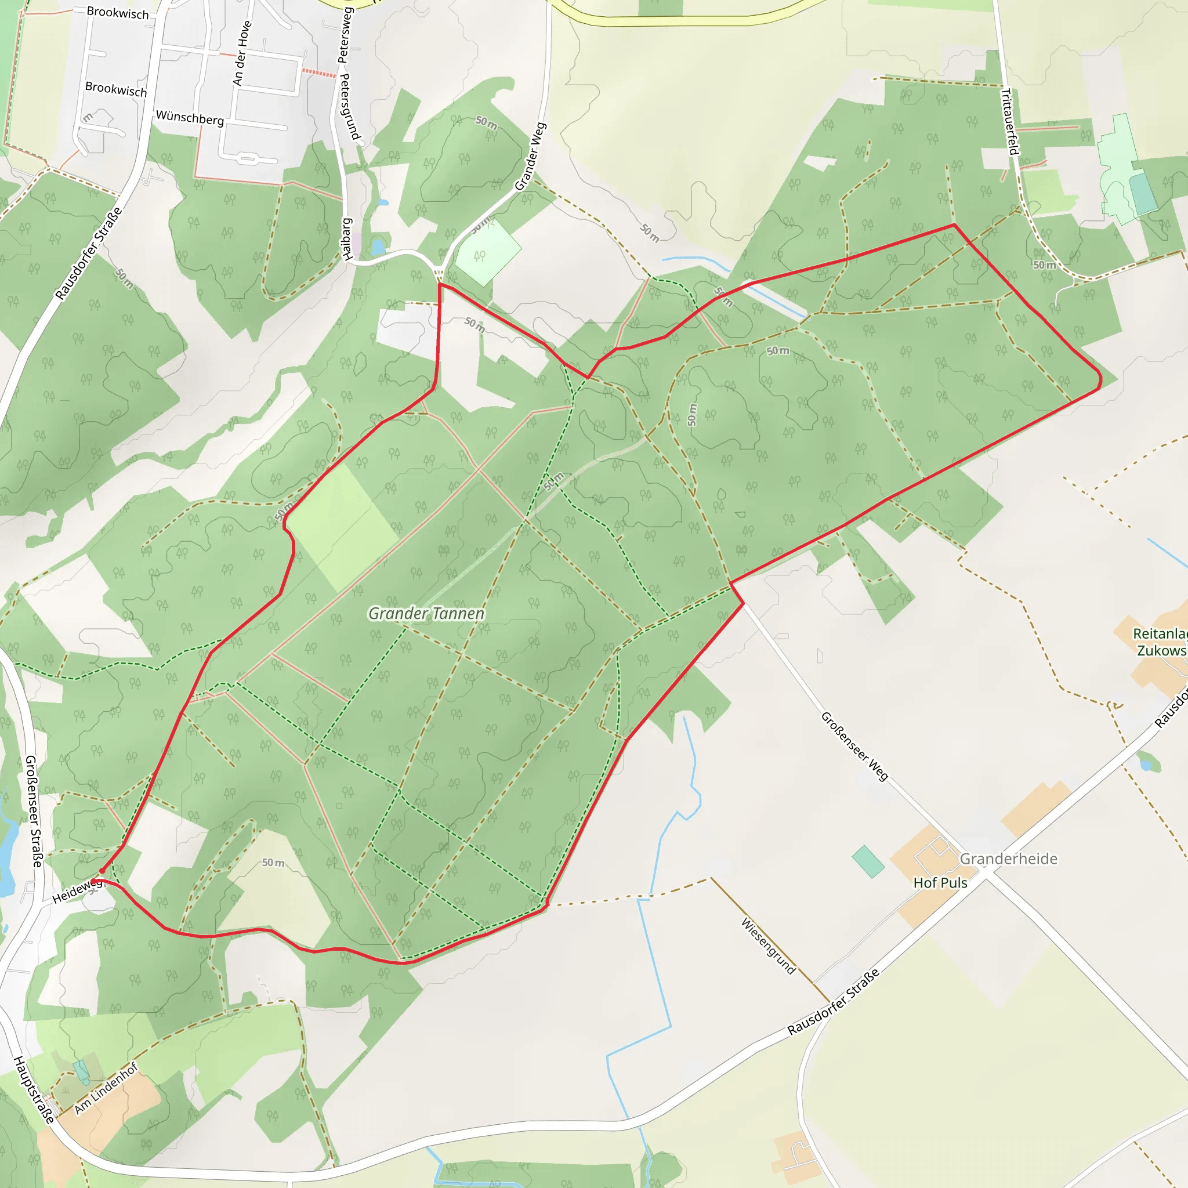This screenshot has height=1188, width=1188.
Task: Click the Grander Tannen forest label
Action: (426, 613)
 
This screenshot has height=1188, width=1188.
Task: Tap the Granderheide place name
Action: (1008, 859)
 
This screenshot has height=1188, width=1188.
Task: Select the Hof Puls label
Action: (940, 882)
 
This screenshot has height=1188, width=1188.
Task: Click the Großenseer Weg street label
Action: (854, 746)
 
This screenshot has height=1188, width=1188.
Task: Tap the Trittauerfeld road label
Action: (1010, 122)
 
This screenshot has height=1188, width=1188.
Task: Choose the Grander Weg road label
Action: (530, 156)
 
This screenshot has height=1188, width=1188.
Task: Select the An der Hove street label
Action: (242, 53)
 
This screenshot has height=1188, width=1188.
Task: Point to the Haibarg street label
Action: (347, 238)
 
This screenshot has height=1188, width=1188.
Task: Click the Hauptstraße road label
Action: (33, 1089)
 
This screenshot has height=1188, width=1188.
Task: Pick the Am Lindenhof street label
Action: (106, 1088)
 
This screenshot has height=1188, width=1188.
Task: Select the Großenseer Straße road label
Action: (33, 811)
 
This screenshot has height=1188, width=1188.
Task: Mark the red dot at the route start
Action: (102, 871)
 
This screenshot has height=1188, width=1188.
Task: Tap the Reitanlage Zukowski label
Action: (1160, 642)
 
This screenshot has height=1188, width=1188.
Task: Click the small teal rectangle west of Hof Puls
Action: (868, 861)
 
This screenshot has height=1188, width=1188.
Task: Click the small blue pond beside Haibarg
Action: (378, 247)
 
